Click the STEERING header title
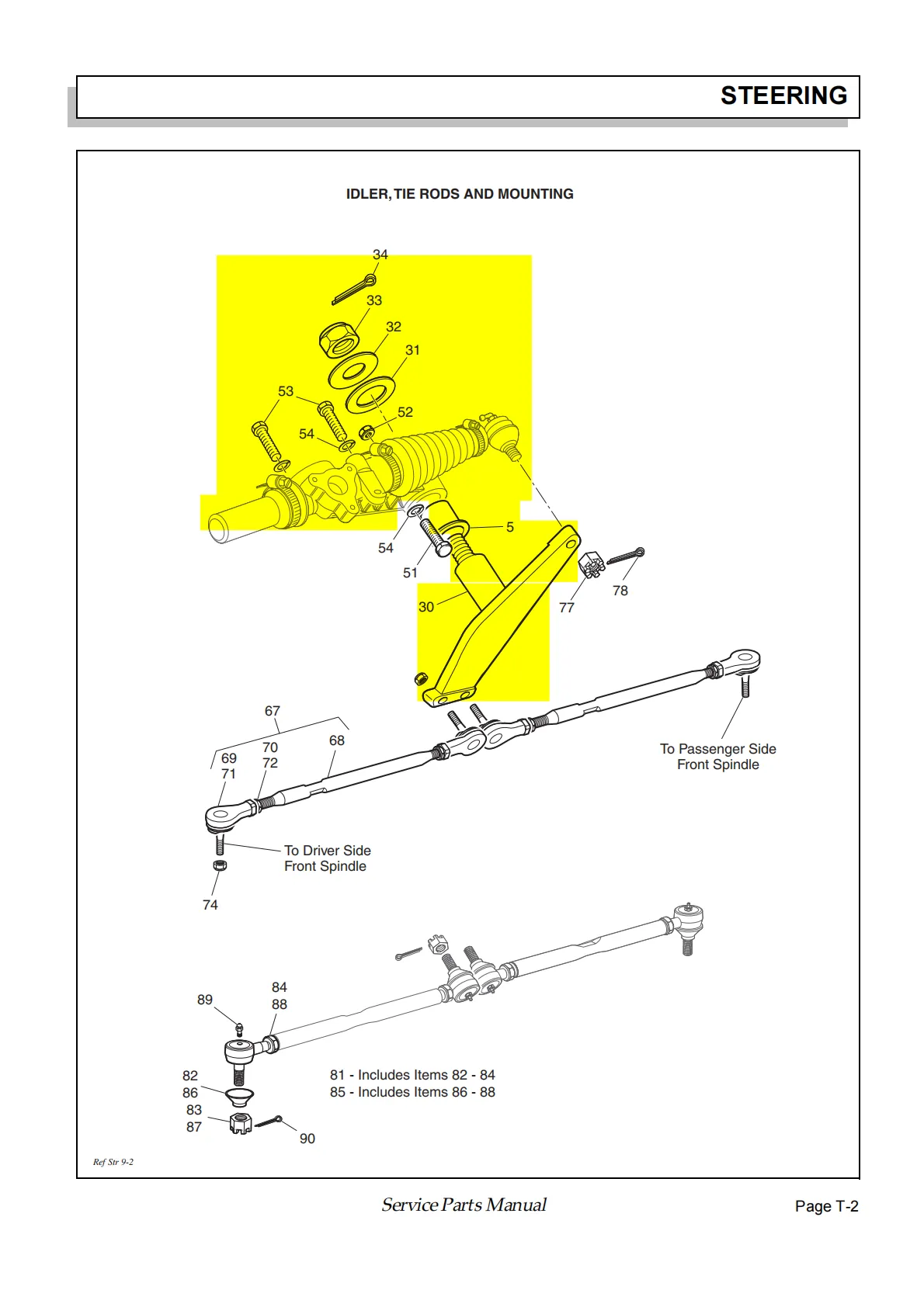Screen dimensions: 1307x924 click(x=783, y=95)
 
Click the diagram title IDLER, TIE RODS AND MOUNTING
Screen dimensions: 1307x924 click(x=460, y=194)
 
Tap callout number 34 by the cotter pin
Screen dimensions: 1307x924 click(x=380, y=255)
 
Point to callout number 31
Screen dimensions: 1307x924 click(x=412, y=350)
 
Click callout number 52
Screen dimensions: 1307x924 click(x=405, y=412)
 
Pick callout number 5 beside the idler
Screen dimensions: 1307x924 click(x=509, y=527)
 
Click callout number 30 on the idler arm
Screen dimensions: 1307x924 click(x=426, y=607)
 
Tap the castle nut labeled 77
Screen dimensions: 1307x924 click(x=592, y=564)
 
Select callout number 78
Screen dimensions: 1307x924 click(x=620, y=591)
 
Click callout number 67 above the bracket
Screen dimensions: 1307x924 click(x=272, y=711)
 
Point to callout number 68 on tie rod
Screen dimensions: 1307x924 click(x=336, y=740)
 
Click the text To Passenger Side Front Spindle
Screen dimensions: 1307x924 click(x=717, y=757)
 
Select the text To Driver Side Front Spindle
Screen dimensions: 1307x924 click(x=327, y=858)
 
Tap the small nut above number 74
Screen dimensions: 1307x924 click(x=220, y=865)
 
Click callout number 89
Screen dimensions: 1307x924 click(x=204, y=1000)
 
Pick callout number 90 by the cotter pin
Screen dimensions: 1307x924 click(x=307, y=1139)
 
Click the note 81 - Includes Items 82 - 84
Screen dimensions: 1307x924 click(x=412, y=1075)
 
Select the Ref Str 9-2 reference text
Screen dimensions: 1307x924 click(x=113, y=1162)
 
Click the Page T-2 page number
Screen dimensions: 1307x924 click(x=826, y=1206)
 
